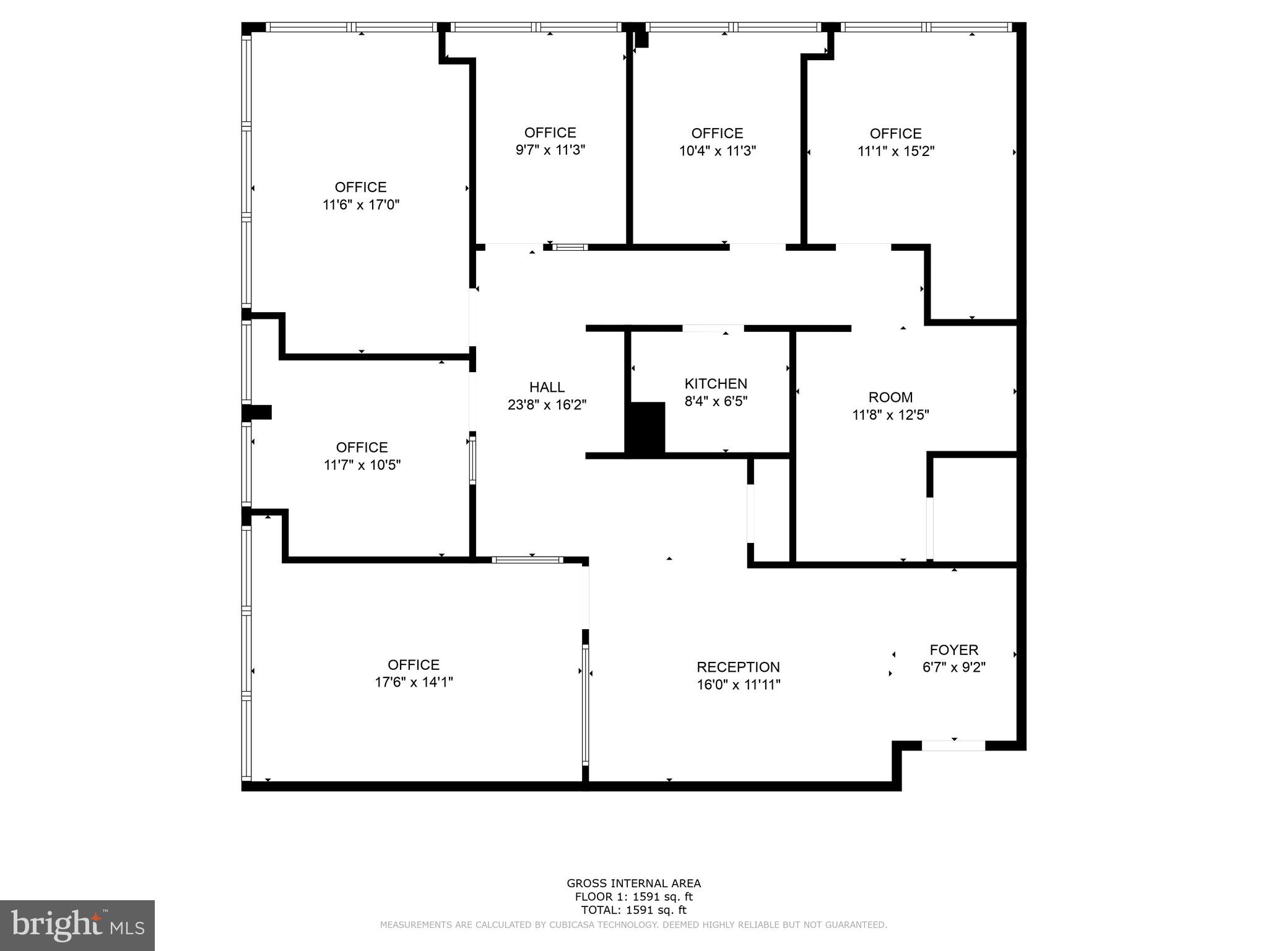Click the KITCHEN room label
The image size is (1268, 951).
[716, 384]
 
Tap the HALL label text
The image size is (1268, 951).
[547, 388]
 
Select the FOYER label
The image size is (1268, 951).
[953, 650]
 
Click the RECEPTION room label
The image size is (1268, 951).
[738, 667]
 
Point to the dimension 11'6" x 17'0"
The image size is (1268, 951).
[361, 205]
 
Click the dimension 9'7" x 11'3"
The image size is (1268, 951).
[550, 150]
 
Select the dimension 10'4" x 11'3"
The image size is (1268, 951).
[717, 151]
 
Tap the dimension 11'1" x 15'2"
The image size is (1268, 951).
[895, 152]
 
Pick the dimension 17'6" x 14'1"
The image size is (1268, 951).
[414, 682]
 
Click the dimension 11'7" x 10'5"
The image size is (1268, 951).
[362, 465]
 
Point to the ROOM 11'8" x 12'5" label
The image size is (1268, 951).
[890, 406]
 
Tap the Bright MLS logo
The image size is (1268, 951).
[77, 925]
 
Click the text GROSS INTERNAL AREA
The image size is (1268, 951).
[633, 884]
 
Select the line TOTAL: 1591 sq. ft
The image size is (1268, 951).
[633, 910]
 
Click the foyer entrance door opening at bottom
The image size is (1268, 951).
[953, 745]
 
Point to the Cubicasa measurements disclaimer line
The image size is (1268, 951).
[633, 925]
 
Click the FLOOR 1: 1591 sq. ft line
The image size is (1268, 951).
[633, 897]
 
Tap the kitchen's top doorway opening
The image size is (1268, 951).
[713, 329]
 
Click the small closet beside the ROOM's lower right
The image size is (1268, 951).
[975, 509]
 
